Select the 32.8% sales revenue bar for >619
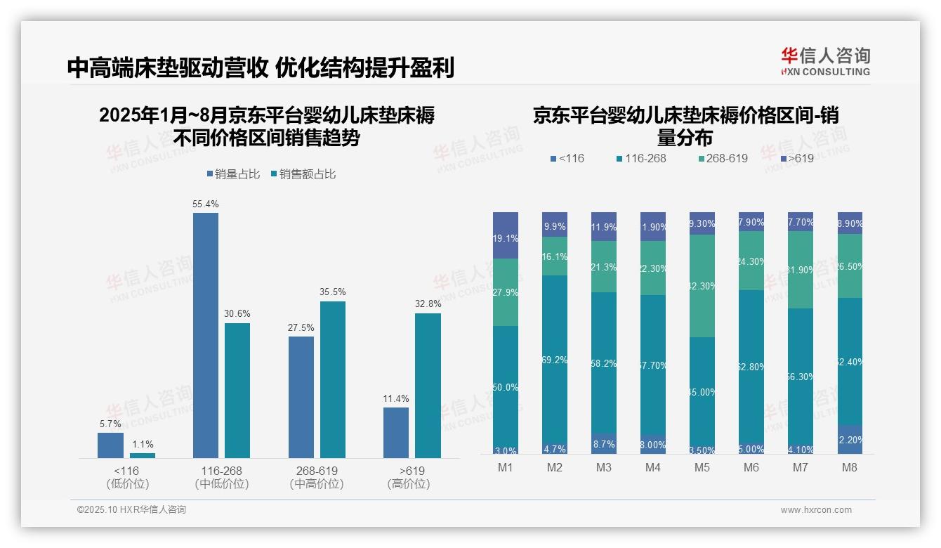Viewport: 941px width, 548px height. tap(428, 386)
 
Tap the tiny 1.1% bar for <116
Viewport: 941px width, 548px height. tap(143, 455)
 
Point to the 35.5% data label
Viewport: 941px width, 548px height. tap(332, 292)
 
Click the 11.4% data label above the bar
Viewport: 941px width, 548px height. tap(396, 398)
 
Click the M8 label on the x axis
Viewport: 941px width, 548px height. tap(850, 468)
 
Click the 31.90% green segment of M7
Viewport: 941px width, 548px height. tap(801, 270)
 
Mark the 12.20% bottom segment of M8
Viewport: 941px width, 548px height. tap(850, 439)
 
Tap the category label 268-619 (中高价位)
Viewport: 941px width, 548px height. tap(317, 477)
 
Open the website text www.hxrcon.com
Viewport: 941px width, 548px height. tap(815, 510)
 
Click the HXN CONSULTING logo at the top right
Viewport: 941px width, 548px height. tap(825, 62)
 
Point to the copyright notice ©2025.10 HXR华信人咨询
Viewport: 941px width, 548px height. tap(131, 510)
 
